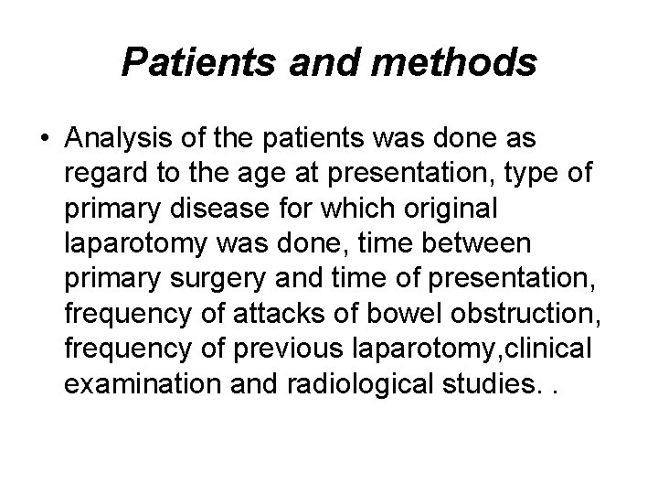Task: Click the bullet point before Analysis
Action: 44,140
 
